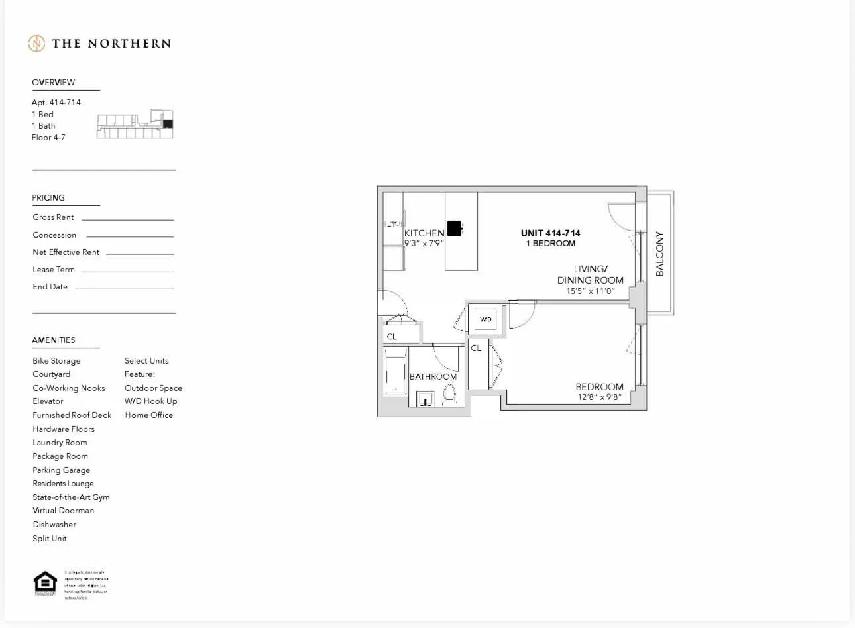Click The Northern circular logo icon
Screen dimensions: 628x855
coord(36,44)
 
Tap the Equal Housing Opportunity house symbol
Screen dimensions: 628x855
coord(45,582)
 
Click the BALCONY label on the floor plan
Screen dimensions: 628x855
coord(659,253)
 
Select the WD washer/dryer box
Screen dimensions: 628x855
coord(486,319)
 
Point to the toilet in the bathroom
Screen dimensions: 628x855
coord(450,395)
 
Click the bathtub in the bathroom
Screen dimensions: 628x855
coord(395,374)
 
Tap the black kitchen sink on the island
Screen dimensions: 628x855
coord(454,229)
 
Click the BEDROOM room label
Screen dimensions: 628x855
coord(599,387)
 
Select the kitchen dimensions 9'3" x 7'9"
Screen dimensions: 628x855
coord(424,243)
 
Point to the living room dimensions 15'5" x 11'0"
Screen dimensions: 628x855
coord(590,291)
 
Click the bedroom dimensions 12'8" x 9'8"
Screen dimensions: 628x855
coord(599,397)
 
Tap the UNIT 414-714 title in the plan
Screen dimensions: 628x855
coord(550,233)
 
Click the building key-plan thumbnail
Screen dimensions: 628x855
coord(135,124)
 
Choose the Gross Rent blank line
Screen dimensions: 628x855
coord(127,219)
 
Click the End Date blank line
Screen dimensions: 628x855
coord(124,288)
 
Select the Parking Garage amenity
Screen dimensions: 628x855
coord(62,470)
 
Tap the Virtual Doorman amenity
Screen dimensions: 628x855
coord(64,511)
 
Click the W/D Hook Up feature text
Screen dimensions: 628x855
coord(151,401)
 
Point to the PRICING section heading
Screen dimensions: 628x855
coord(48,198)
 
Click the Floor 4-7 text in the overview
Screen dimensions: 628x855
coord(48,138)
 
